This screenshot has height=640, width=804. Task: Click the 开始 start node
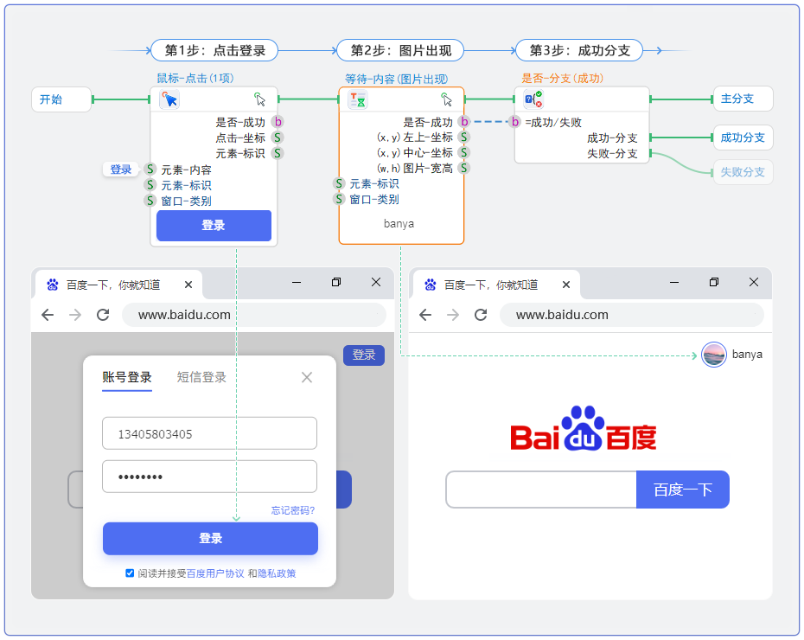tap(61, 99)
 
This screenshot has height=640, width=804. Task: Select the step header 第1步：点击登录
tap(214, 50)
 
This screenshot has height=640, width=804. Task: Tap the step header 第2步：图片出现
tap(400, 50)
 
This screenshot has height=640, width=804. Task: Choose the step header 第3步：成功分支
tap(579, 50)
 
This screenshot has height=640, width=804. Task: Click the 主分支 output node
tap(742, 99)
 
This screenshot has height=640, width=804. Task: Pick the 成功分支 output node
tap(742, 138)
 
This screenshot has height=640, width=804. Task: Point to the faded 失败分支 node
tap(742, 172)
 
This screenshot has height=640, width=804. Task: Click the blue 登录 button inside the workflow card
tap(214, 226)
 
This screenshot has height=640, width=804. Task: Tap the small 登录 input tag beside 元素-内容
tap(121, 170)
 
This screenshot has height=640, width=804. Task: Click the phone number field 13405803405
tap(209, 434)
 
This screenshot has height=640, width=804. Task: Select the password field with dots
tap(209, 477)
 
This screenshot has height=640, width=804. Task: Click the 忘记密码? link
tap(292, 511)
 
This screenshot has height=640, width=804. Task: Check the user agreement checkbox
tap(130, 573)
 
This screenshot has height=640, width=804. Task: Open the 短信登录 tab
tap(201, 377)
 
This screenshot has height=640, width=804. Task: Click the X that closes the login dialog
tap(306, 377)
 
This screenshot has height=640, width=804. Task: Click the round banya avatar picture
tap(713, 355)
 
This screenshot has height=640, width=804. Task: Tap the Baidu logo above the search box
tap(584, 430)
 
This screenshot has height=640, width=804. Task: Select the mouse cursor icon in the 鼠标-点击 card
tap(169, 99)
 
